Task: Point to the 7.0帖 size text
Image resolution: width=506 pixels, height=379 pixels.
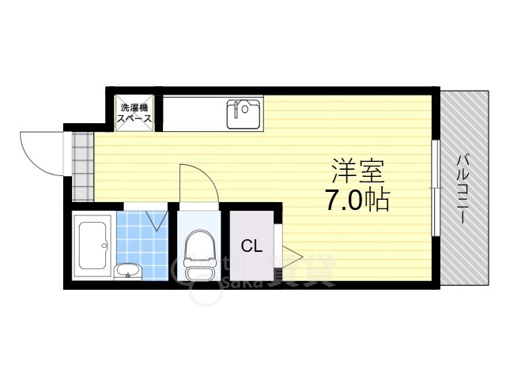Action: tap(356, 201)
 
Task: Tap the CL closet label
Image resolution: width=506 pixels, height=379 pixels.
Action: tap(251, 246)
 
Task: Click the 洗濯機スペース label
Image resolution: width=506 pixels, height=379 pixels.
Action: tap(135, 112)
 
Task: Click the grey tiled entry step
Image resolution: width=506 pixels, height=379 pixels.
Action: tap(81, 166)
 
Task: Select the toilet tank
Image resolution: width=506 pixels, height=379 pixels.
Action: tap(198, 272)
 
